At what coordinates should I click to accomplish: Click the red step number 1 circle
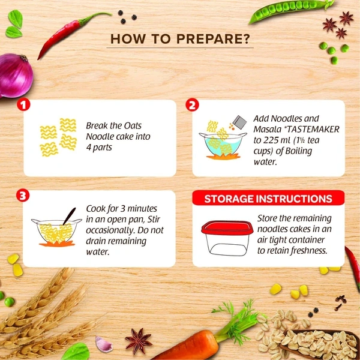[x=23, y=105]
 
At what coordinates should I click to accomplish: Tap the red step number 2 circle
[x=192, y=105]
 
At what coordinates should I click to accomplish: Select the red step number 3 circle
[x=23, y=196]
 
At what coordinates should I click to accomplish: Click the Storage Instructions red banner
[x=268, y=198]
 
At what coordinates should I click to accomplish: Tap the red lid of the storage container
[x=227, y=228]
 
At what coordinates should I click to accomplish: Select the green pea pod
[x=290, y=11]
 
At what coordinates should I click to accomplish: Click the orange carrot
[x=191, y=346]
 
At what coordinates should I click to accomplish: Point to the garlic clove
[x=104, y=344]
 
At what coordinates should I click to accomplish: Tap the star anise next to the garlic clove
[x=138, y=341]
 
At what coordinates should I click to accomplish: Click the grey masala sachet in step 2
[x=239, y=122]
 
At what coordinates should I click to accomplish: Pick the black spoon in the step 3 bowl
[x=69, y=216]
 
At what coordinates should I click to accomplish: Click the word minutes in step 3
[x=142, y=209]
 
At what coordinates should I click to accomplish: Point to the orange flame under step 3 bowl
[x=57, y=243]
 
